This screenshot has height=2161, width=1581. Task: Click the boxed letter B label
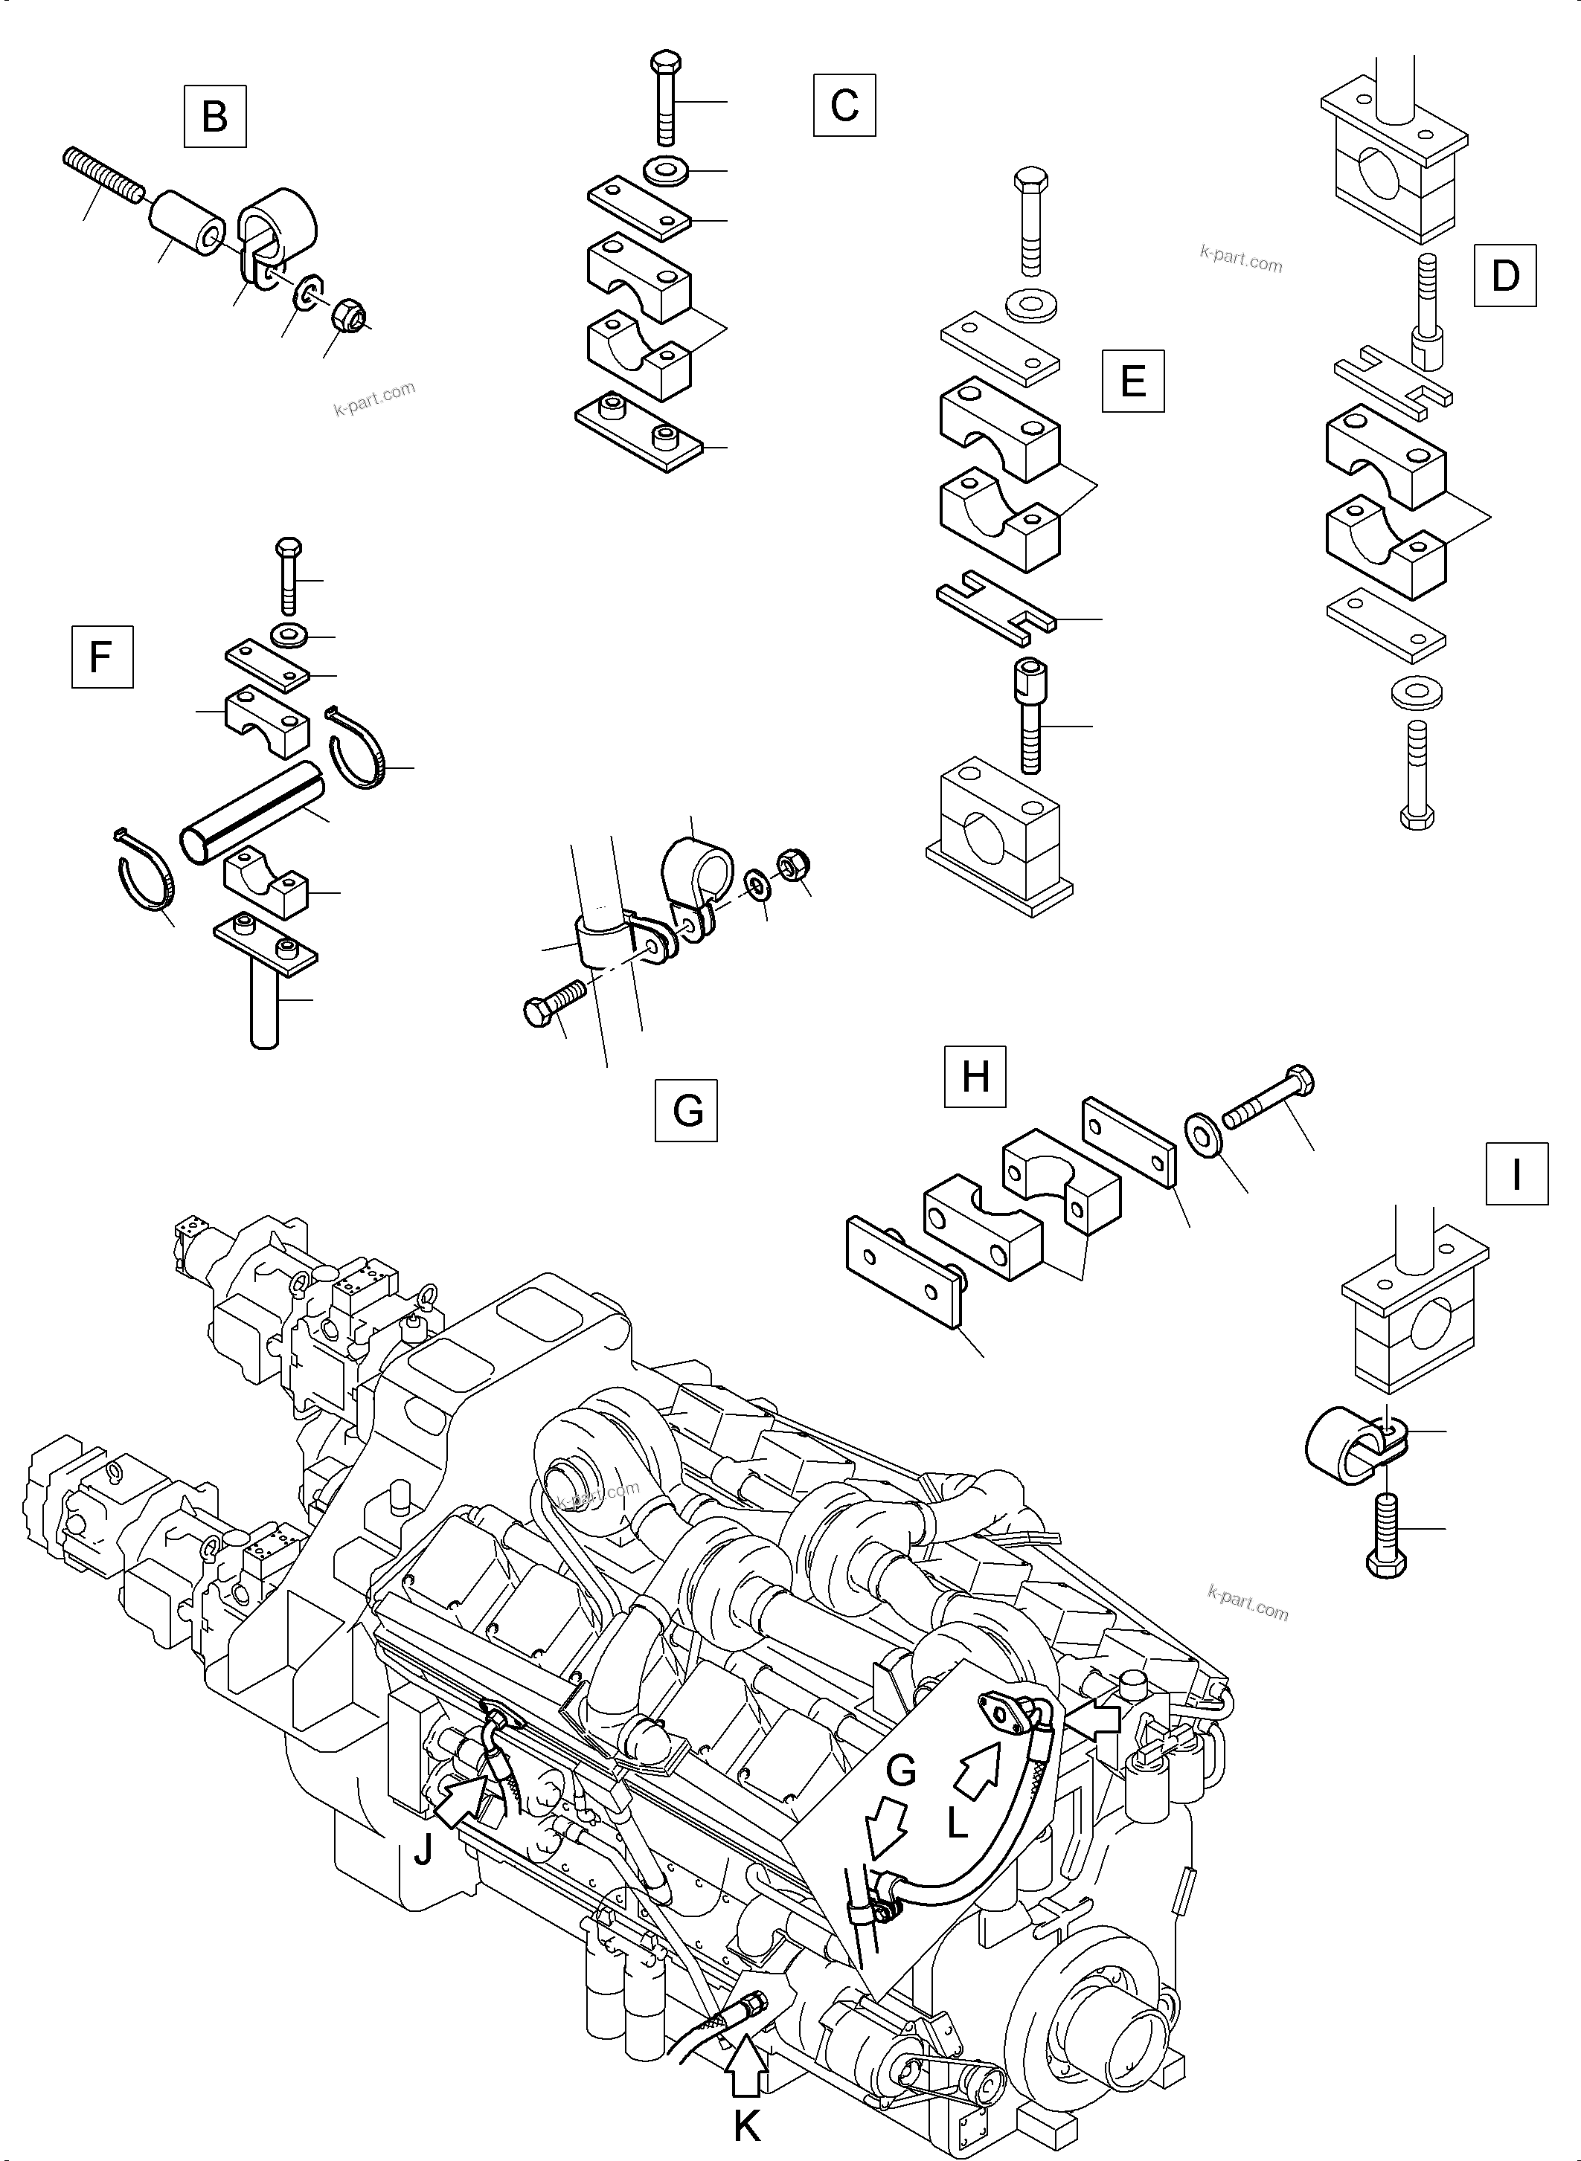214,116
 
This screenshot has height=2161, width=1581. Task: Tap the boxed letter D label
1504,275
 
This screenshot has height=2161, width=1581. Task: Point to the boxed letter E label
1132,381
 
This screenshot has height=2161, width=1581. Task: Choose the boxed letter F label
101,657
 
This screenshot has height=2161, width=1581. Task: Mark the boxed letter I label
1516,1173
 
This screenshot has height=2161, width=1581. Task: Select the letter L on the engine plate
957,1825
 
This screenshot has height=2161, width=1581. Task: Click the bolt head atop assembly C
665,63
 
